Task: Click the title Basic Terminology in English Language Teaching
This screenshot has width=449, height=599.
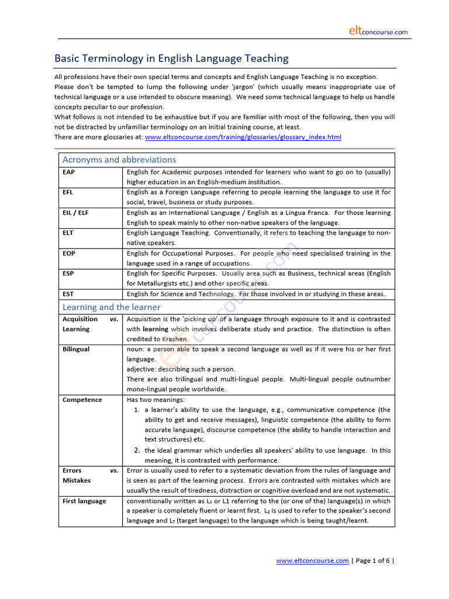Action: tap(171, 58)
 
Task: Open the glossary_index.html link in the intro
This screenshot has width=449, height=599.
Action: tap(243, 137)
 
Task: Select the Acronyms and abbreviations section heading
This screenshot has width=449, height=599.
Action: tap(119, 160)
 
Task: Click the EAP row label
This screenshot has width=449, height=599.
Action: tap(69, 172)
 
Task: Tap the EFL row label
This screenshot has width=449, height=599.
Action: tap(68, 192)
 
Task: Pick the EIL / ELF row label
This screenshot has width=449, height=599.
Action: tap(75, 213)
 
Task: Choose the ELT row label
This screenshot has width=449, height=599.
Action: tap(68, 233)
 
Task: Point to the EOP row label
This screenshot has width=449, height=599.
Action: tap(69, 253)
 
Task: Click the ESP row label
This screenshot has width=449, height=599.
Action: tap(68, 274)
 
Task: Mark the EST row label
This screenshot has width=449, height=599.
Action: tap(68, 294)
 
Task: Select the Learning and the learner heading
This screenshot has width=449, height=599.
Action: tap(112, 307)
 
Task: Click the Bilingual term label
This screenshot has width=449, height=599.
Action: tap(76, 349)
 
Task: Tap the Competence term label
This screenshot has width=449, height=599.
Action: tap(82, 400)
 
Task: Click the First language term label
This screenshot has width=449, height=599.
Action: tap(84, 501)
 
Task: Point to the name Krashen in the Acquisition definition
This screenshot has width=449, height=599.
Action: tap(174, 339)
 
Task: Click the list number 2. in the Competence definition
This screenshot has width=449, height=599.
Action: tap(137, 450)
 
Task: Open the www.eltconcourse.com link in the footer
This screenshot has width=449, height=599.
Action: tap(312, 561)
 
